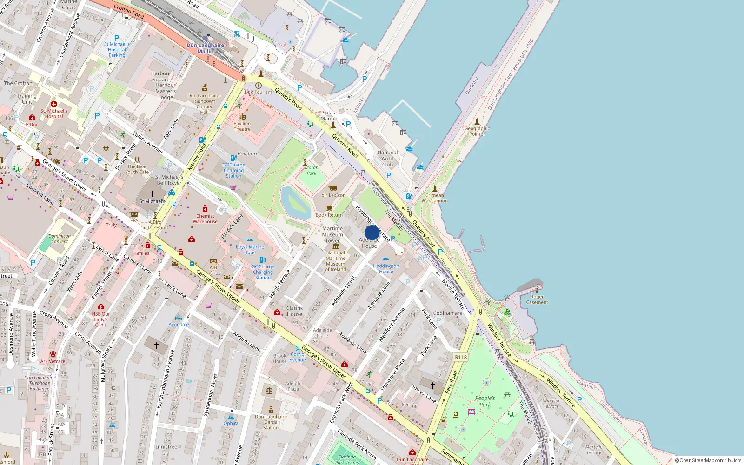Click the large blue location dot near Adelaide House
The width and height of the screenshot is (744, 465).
pyautogui.click(x=372, y=232)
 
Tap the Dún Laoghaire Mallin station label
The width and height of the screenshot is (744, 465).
pyautogui.click(x=205, y=48)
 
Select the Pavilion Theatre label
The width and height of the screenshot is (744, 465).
pyautogui.click(x=242, y=126)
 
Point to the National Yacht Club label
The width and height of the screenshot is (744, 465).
pyautogui.click(x=387, y=159)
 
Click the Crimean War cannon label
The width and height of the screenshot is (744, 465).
pyautogui.click(x=435, y=198)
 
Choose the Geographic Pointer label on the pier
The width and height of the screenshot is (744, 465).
pyautogui.click(x=477, y=131)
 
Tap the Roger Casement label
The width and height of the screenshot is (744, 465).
pyautogui.click(x=537, y=299)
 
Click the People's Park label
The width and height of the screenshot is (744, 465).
pyautogui.click(x=485, y=401)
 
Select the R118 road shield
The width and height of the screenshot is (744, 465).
pyautogui.click(x=461, y=357)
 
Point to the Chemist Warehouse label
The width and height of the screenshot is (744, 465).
pyautogui.click(x=205, y=219)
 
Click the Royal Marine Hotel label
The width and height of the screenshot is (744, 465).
pyautogui.click(x=250, y=250)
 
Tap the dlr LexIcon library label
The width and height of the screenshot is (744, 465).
pyautogui.click(x=333, y=195)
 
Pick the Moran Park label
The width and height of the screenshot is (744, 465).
pyautogui.click(x=312, y=170)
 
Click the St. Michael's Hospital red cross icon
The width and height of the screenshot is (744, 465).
pyautogui.click(x=54, y=104)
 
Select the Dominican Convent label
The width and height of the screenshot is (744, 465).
pyautogui.click(x=60, y=239)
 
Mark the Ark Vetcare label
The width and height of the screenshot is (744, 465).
pyautogui.click(x=53, y=361)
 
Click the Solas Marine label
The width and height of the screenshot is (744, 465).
pyautogui.click(x=329, y=115)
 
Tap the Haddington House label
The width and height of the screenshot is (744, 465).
pyautogui.click(x=386, y=269)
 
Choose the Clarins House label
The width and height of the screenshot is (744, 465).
pyautogui.click(x=294, y=311)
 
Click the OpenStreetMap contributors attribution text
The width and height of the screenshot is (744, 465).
pyautogui.click(x=708, y=460)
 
